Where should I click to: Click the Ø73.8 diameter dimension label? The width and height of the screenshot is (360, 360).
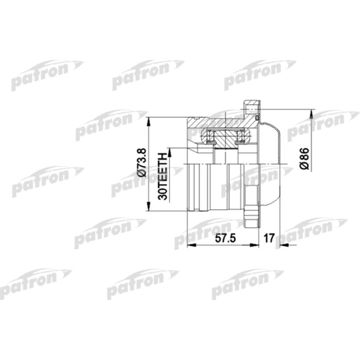143,163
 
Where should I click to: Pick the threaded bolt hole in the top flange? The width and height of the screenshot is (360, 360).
251,110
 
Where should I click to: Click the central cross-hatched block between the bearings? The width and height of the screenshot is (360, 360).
225,139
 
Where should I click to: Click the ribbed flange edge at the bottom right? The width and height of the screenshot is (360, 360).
253,211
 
